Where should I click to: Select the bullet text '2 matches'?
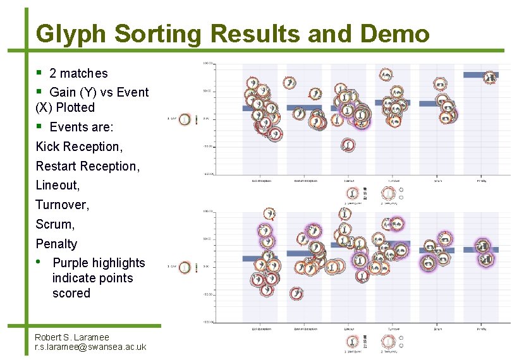pyautogui.click(x=78, y=73)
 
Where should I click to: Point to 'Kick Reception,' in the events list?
pyautogui.click(x=79, y=147)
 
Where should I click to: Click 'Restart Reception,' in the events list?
pyautogui.click(x=87, y=166)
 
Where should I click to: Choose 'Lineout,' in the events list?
pyautogui.click(x=58, y=186)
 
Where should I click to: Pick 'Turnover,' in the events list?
pyautogui.click(x=63, y=205)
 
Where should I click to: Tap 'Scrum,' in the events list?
pyautogui.click(x=55, y=224)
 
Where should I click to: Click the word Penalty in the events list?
pyautogui.click(x=56, y=244)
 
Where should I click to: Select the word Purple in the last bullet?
pyautogui.click(x=70, y=263)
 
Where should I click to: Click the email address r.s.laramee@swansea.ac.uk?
pyautogui.click(x=90, y=347)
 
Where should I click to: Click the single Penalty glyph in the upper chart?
pyautogui.click(x=489, y=78)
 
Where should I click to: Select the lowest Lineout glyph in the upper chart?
pyautogui.click(x=348, y=146)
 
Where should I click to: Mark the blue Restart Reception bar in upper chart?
pyautogui.click(x=303, y=108)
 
